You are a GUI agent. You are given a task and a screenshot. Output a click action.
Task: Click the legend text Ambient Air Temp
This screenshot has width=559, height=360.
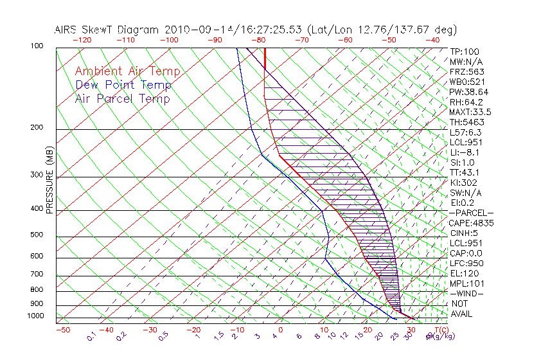pyautogui.click(x=127, y=72)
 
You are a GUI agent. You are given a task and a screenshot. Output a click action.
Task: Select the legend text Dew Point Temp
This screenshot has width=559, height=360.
pyautogui.click(x=123, y=85)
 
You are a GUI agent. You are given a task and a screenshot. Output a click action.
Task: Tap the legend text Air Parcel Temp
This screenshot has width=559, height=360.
pyautogui.click(x=122, y=99)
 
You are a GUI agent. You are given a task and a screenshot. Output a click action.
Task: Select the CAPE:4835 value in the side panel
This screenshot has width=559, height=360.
pyautogui.click(x=471, y=223)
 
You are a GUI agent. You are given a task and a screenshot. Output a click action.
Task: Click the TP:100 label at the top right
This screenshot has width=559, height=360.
pyautogui.click(x=465, y=51)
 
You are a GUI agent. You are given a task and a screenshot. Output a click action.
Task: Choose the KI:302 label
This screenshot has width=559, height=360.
pyautogui.click(x=465, y=183)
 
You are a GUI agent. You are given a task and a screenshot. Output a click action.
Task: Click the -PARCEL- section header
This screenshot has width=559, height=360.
pyautogui.click(x=471, y=213)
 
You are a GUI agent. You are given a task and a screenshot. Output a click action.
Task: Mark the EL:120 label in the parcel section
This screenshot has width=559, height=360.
pyautogui.click(x=464, y=273)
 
